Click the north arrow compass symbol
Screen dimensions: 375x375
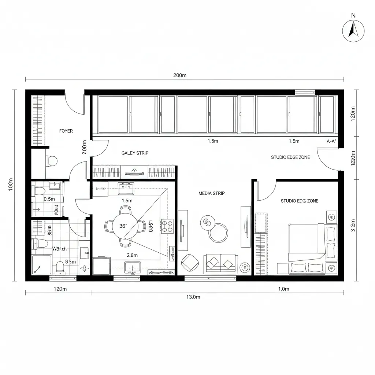coord(353,31)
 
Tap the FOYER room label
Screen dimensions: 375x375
coord(66,131)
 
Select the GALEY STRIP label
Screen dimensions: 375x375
coord(135,153)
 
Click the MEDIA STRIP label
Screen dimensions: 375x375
coord(212,193)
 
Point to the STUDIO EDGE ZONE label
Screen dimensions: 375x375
coord(290,157)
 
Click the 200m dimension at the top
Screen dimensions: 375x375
coord(180,75)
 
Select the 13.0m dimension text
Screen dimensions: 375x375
coord(193,297)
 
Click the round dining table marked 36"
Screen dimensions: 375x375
coord(125,226)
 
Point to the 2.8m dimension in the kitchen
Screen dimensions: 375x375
coord(132,255)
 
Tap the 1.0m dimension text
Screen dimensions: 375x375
coord(284,289)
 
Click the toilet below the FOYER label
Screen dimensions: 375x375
coord(52,160)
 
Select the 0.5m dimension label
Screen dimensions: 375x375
coord(49,199)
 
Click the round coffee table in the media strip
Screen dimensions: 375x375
coord(218,233)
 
